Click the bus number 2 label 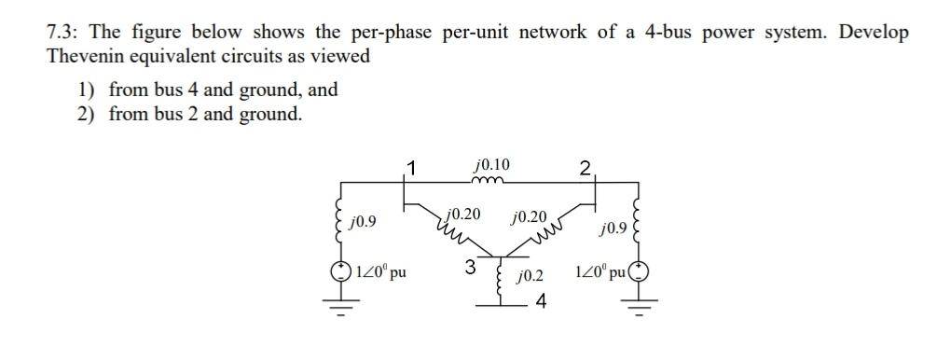[585, 169]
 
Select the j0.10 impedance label [492, 167]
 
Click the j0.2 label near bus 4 [531, 277]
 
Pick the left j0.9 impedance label [363, 223]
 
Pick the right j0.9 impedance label [616, 228]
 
